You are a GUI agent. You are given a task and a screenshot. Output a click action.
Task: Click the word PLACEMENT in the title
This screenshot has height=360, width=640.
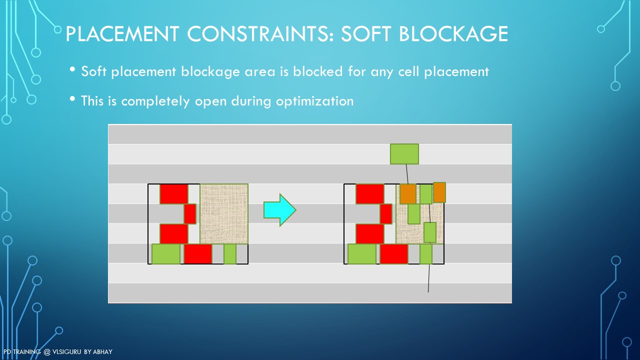pyautogui.click(x=122, y=33)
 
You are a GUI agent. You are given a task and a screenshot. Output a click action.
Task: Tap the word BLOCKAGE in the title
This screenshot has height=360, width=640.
pyautogui.click(x=453, y=33)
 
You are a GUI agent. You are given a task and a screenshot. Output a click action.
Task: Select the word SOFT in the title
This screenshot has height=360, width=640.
pyautogui.click(x=366, y=33)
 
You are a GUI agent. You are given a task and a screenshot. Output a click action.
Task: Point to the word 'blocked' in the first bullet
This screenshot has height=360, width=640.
pyautogui.click(x=317, y=71)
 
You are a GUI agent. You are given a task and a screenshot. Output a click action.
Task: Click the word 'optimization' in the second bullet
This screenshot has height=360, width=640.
pyautogui.click(x=314, y=101)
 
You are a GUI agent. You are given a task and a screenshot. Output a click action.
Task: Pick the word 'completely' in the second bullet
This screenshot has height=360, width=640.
pyautogui.click(x=155, y=101)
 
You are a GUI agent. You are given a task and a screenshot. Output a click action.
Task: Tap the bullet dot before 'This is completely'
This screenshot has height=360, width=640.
pyautogui.click(x=72, y=99)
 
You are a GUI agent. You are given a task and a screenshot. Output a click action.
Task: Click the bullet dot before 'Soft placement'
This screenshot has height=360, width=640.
pyautogui.click(x=72, y=69)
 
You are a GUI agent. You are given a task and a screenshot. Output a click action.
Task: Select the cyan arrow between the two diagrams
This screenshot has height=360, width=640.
pyautogui.click(x=279, y=210)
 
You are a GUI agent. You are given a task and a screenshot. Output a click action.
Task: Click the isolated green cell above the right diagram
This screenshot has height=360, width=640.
pyautogui.click(x=404, y=154)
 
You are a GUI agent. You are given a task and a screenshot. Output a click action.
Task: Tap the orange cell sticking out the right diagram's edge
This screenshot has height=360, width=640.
pyautogui.click(x=439, y=192)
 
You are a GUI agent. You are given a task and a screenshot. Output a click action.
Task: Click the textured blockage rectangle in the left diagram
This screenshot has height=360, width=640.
pyautogui.click(x=224, y=214)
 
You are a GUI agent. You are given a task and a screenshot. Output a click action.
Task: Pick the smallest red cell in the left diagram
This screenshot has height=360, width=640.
pyautogui.click(x=190, y=213)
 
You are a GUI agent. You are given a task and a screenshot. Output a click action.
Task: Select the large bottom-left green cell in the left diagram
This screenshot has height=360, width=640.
pyautogui.click(x=166, y=254)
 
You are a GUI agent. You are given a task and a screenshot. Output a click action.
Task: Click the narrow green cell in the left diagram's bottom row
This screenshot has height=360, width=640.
pyautogui.click(x=230, y=254)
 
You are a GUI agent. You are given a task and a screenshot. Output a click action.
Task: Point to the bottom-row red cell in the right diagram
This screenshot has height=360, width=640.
pyautogui.click(x=393, y=254)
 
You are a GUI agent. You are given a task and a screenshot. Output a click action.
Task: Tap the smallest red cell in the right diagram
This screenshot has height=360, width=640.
pyautogui.click(x=386, y=213)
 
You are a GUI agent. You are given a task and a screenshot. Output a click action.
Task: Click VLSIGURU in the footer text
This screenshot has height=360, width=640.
pyautogui.click(x=67, y=351)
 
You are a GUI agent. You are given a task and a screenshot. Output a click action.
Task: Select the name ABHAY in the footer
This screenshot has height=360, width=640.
pyautogui.click(x=103, y=351)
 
